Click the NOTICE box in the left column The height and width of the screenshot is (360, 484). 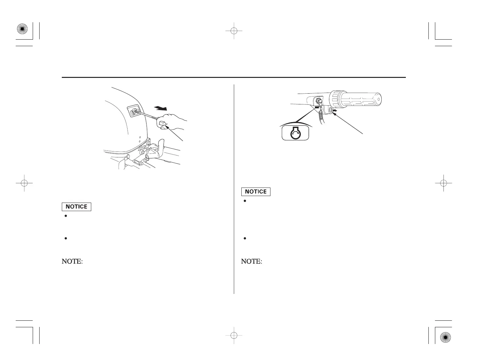point(77,207)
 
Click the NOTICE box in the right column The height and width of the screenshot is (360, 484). point(256,191)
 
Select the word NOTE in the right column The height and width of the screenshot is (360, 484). point(252,262)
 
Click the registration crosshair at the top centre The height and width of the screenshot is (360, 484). point(233,31)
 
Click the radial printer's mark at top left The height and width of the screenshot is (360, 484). point(22,30)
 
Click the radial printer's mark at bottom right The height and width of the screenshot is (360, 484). point(446,337)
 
